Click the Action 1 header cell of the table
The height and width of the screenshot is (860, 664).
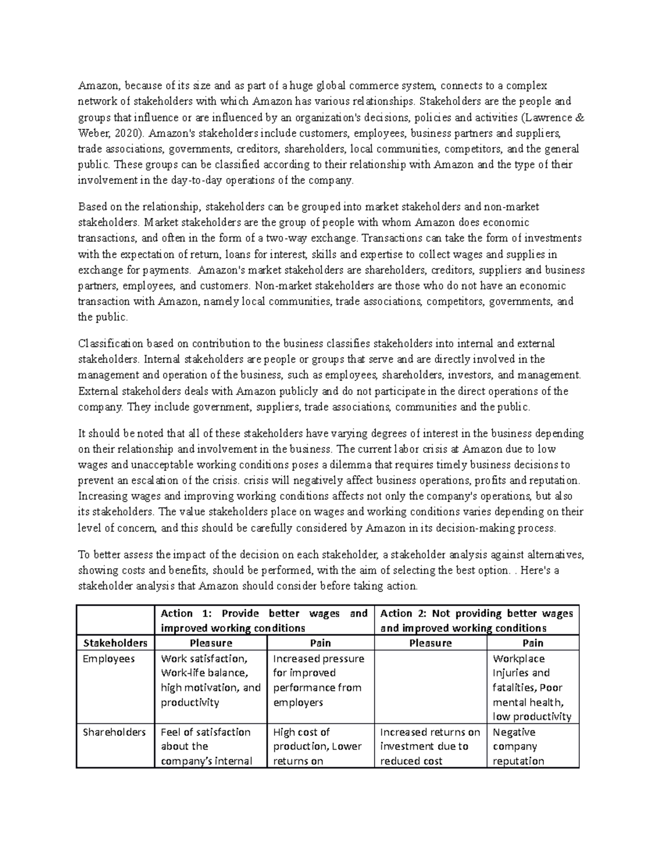click(x=264, y=620)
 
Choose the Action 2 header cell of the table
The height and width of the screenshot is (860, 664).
click(x=476, y=620)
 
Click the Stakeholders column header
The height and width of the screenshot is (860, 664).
click(x=115, y=643)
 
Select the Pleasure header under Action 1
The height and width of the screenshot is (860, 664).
click(x=211, y=643)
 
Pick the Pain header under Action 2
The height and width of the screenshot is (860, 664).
click(x=532, y=643)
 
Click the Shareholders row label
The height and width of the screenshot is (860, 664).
click(x=114, y=732)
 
